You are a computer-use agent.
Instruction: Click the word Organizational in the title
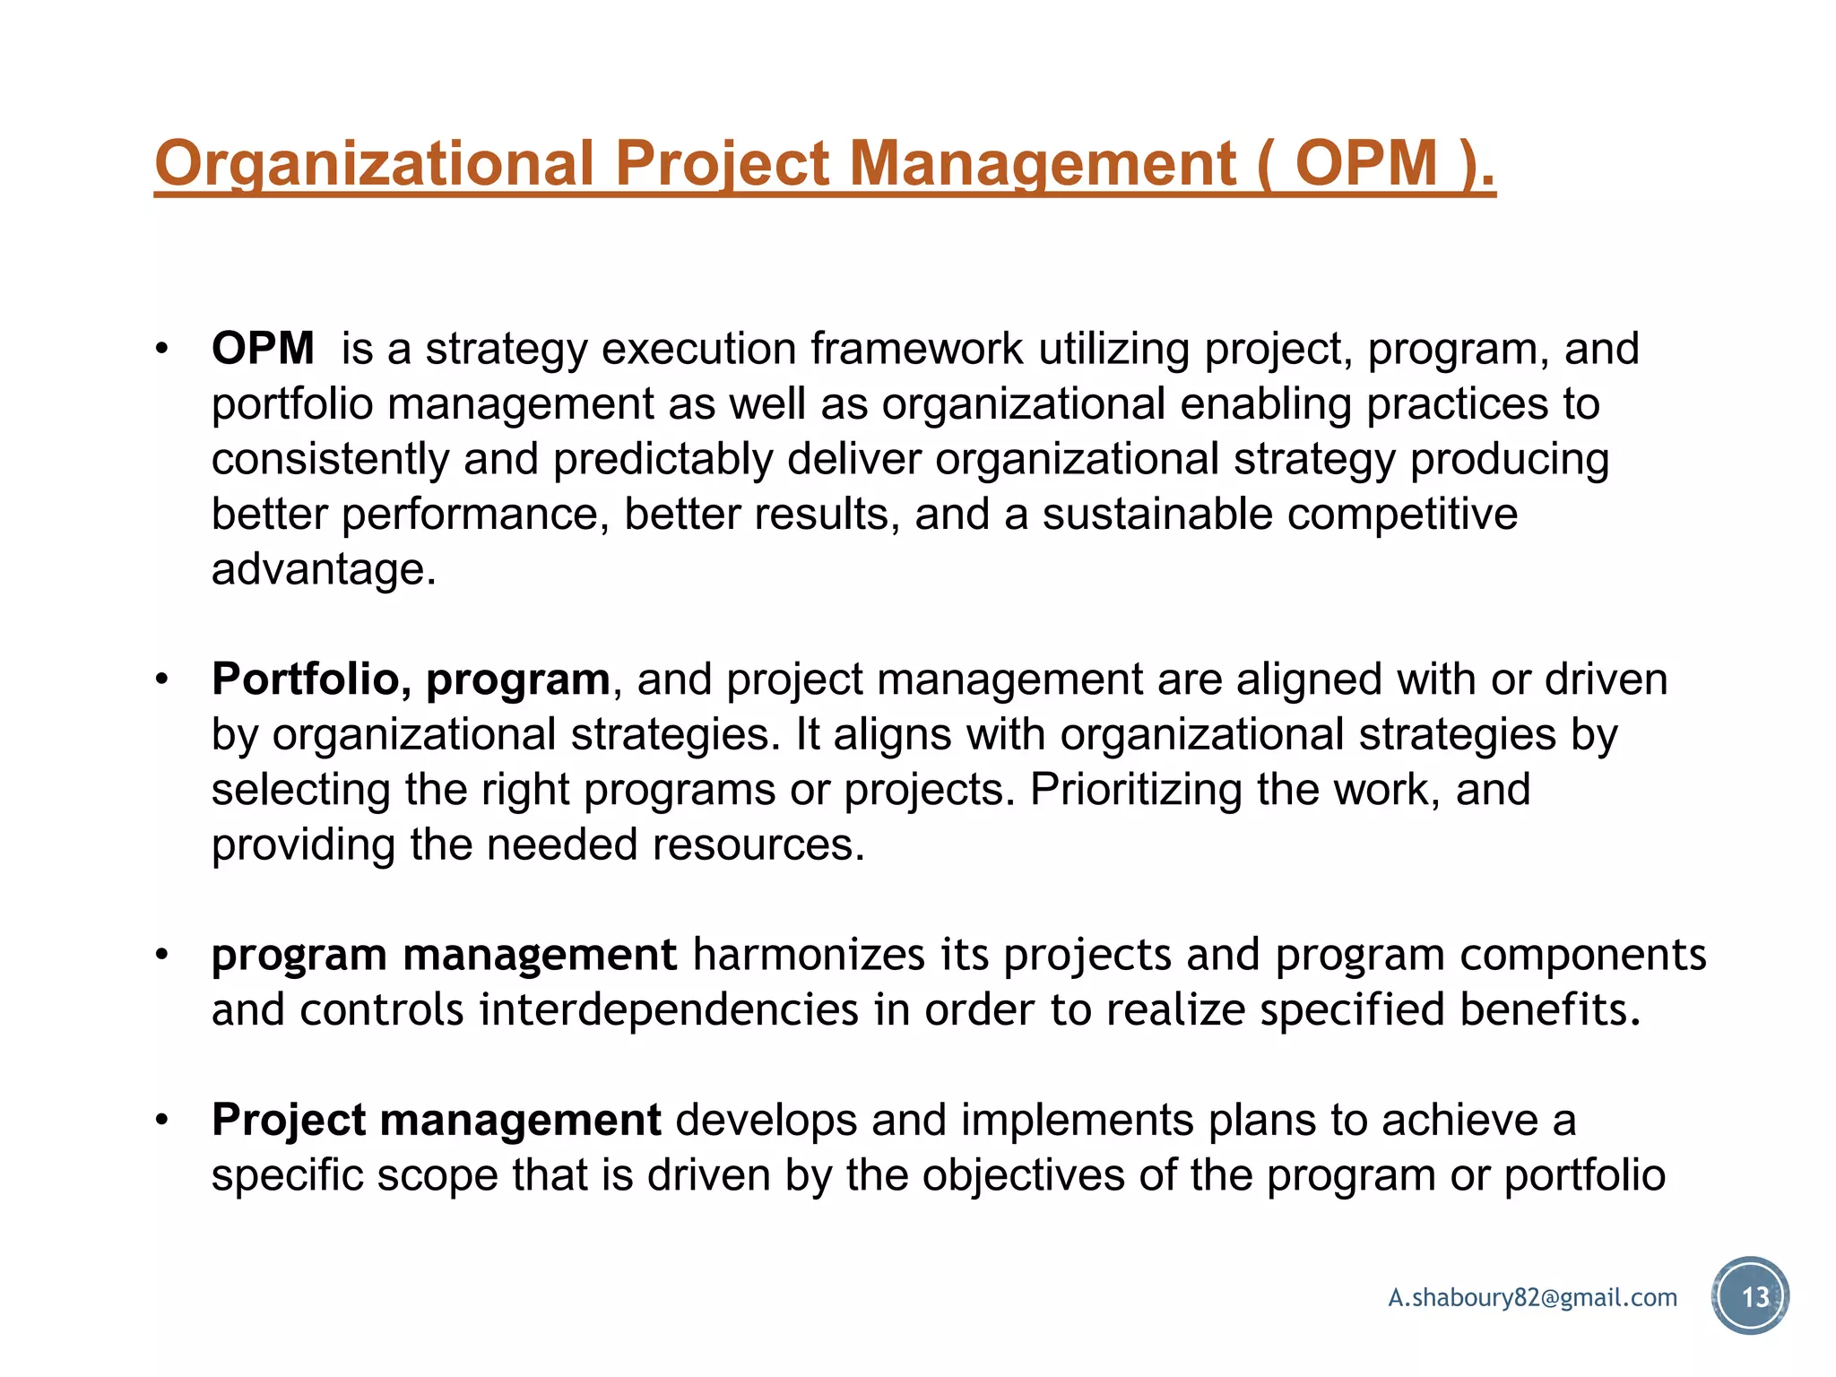point(374,164)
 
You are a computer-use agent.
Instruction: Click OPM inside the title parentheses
point(1366,164)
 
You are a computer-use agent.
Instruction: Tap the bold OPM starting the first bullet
point(263,348)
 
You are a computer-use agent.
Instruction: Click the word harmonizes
point(809,955)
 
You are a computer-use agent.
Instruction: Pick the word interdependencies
point(669,1010)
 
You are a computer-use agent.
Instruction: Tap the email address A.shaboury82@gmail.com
point(1532,1297)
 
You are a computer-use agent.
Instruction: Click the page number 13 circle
point(1750,1296)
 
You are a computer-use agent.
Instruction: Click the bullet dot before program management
point(161,955)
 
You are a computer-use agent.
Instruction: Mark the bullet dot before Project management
point(161,1121)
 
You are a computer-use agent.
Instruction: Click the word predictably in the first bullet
point(663,459)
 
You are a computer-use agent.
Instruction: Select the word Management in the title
point(1043,164)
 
